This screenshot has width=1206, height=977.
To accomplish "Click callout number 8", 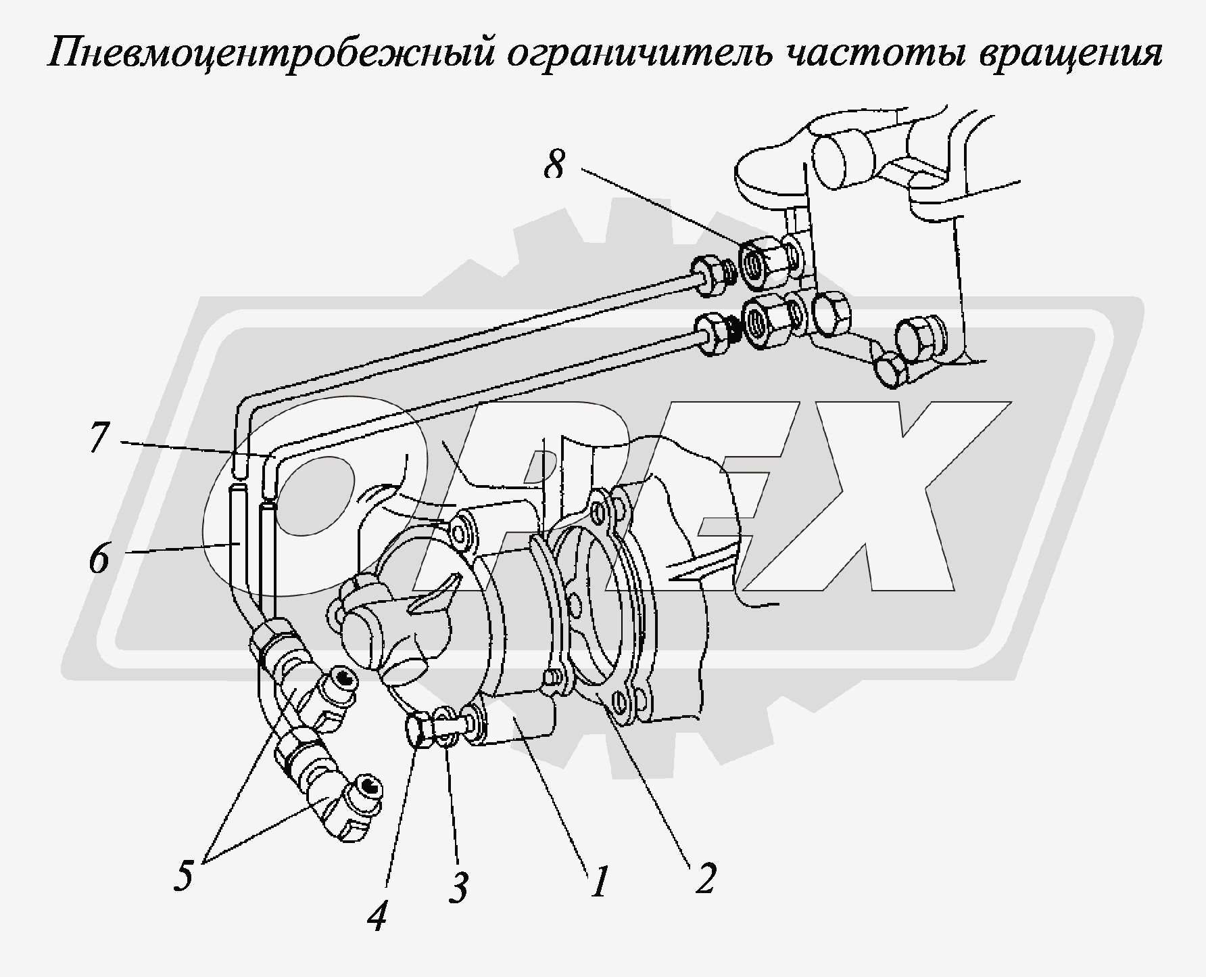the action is pyautogui.click(x=554, y=164).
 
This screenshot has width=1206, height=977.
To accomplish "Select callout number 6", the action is pyautogui.click(x=99, y=559).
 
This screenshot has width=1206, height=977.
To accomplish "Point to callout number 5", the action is pyautogui.click(x=183, y=876).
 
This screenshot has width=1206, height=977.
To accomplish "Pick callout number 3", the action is pyautogui.click(x=458, y=887).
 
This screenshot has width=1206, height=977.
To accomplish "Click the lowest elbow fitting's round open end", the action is pyautogui.click(x=367, y=786).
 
